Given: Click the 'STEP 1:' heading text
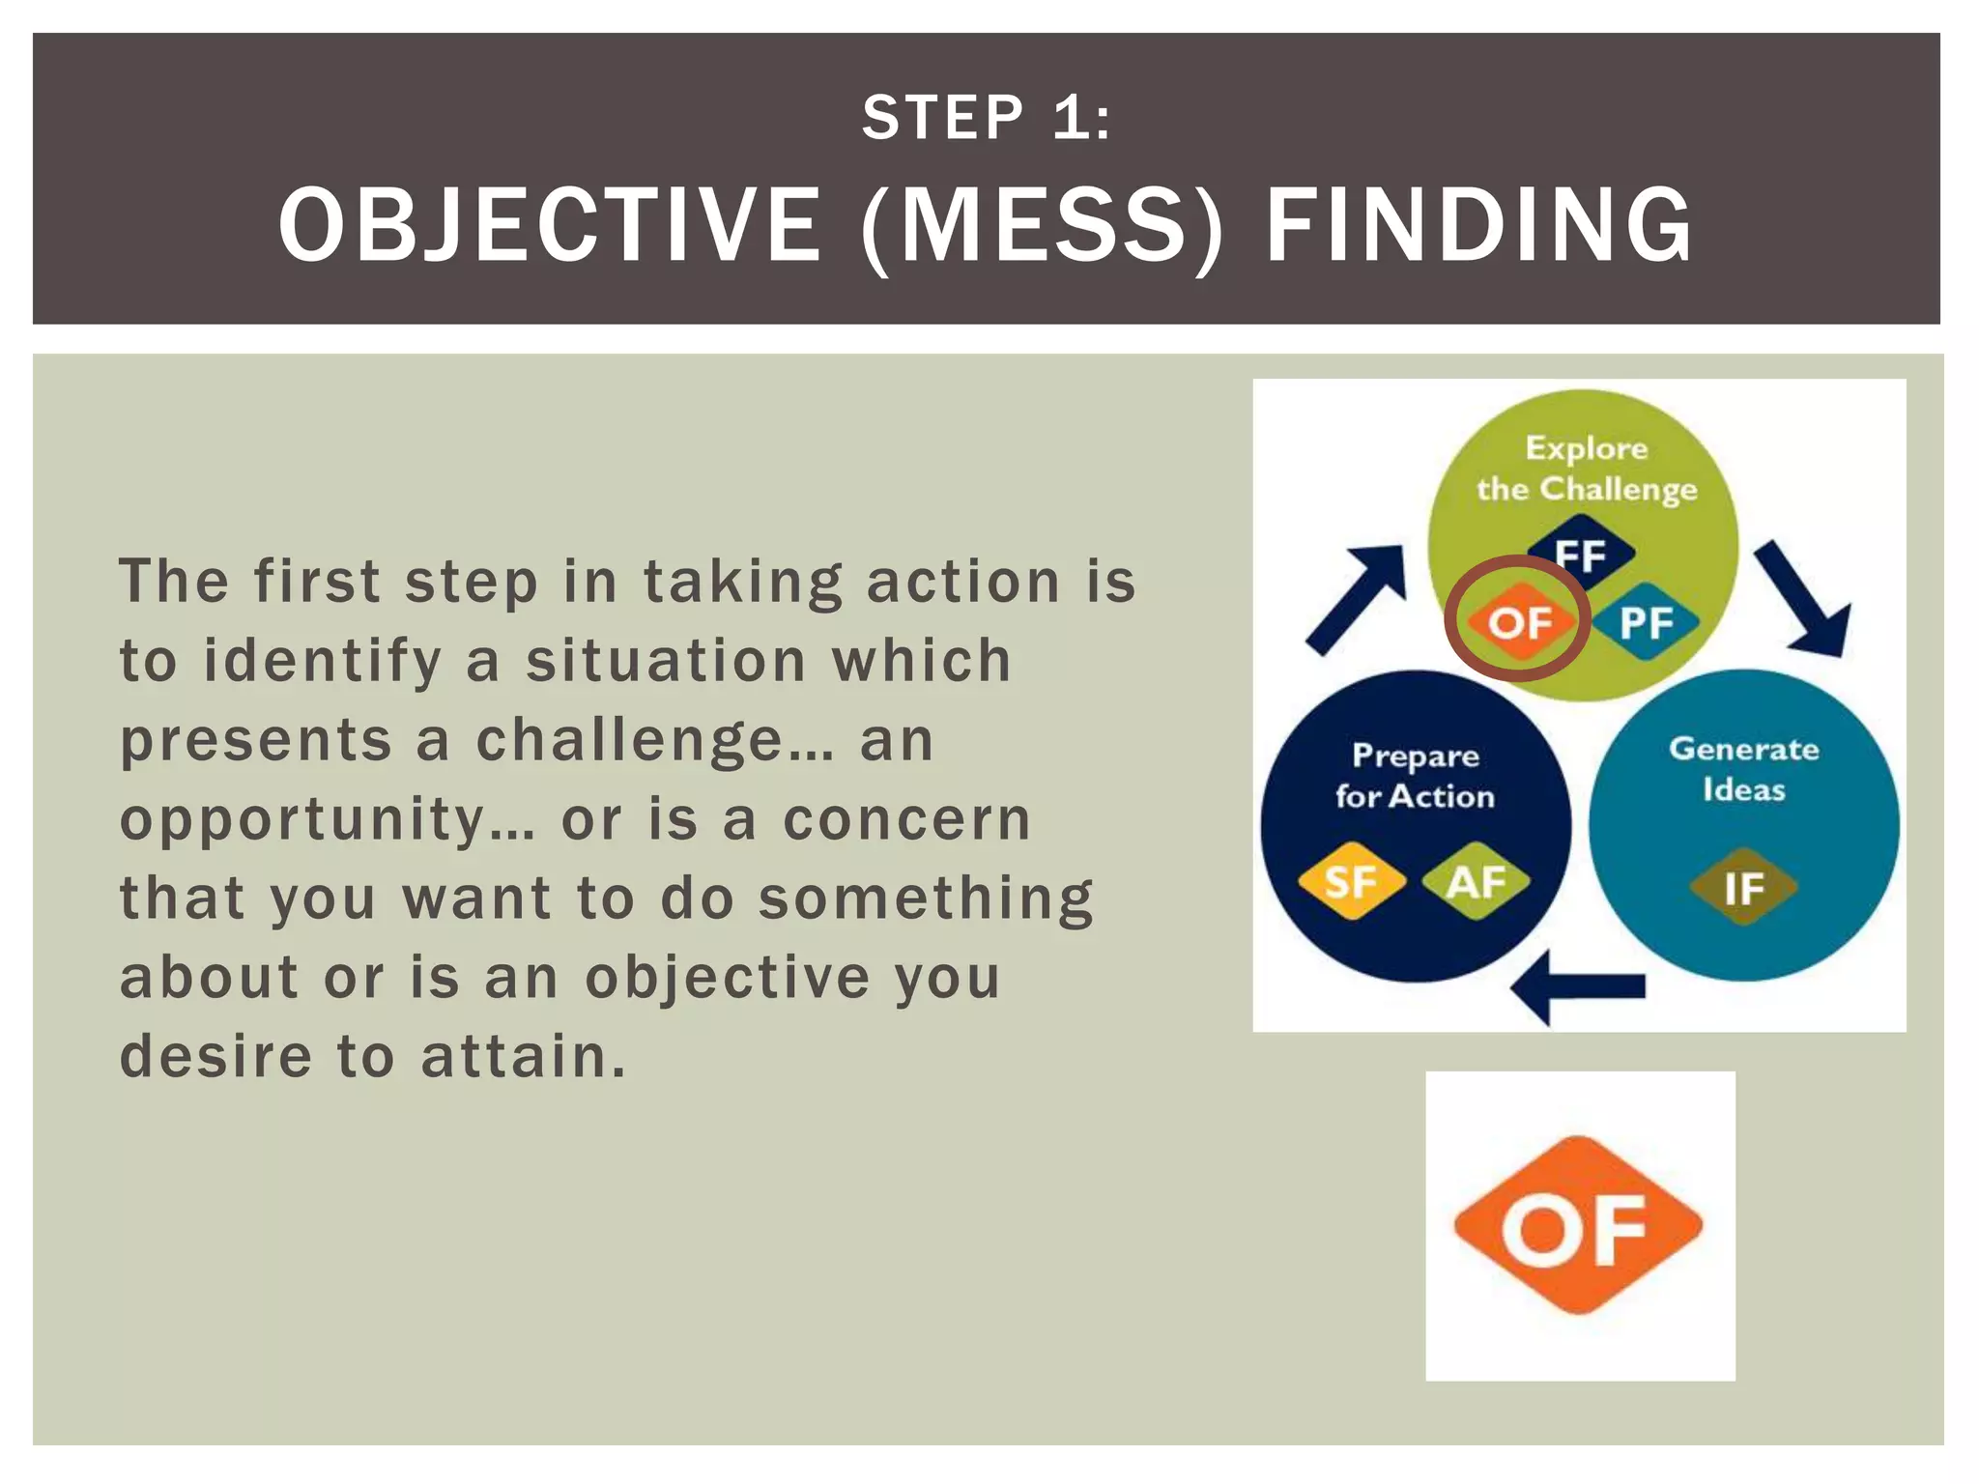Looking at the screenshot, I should click(987, 118).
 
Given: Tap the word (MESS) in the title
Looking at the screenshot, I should click(1042, 225).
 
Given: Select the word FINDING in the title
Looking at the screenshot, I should click(1478, 225).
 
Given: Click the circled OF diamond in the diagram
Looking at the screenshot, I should click(1519, 622).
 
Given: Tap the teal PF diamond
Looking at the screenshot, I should click(1646, 622).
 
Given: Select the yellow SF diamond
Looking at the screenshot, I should click(1350, 881).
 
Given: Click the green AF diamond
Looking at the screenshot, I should click(1477, 881).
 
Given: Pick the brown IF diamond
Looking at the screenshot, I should click(1743, 887).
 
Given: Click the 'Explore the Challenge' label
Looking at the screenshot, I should click(1586, 469).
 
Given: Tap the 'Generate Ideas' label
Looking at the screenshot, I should click(1743, 769).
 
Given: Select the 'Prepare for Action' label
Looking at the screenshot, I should click(1415, 775).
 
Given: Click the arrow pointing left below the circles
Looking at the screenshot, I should click(1579, 985).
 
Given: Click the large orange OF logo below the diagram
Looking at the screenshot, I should click(1578, 1225).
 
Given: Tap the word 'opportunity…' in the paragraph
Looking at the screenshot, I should click(327, 820).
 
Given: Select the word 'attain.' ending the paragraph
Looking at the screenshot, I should click(524, 1056).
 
